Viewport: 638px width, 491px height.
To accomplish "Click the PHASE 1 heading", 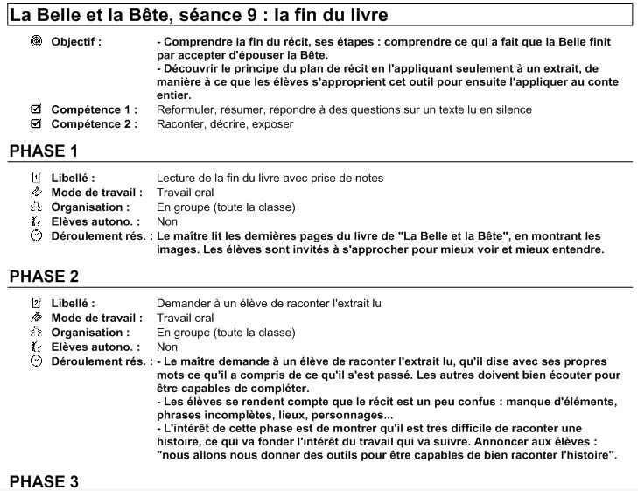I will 44,151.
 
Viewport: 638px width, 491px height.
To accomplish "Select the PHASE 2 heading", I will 44,277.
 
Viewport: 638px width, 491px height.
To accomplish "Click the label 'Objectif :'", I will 76,42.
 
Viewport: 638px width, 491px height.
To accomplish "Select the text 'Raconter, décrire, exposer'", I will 225,123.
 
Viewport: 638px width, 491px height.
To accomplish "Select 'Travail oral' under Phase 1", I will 185,192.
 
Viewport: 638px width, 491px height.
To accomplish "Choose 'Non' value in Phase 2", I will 167,347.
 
